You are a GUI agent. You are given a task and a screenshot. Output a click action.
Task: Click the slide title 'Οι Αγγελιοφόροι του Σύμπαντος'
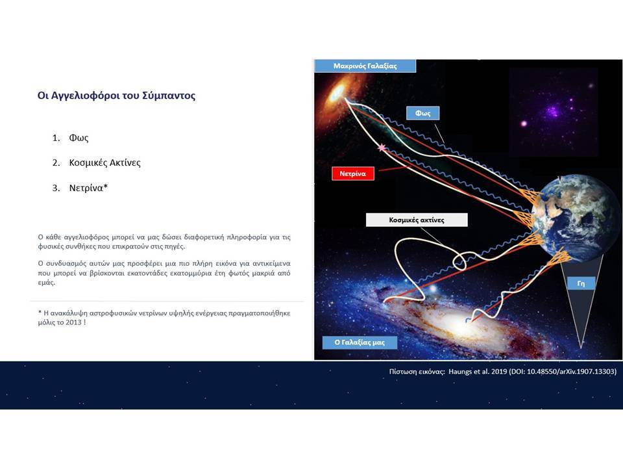[116, 96]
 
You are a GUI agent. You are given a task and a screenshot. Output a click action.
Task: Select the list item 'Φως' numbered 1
[79, 138]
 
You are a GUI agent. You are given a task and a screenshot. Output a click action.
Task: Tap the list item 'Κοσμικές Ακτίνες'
[105, 162]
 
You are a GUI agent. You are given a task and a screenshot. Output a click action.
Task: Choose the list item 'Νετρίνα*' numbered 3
[89, 188]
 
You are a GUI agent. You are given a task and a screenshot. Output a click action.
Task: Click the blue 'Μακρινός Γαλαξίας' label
[365, 66]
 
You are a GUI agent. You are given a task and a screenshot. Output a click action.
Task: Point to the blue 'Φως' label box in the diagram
[422, 113]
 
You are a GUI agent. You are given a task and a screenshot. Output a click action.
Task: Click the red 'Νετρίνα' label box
[353, 174]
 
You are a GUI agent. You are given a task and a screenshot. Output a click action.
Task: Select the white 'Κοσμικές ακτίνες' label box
[417, 220]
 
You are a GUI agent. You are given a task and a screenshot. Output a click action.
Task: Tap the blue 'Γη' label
[581, 283]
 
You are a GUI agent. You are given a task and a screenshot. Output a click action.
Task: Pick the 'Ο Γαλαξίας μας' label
[360, 343]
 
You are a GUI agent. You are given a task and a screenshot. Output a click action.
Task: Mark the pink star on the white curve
[382, 148]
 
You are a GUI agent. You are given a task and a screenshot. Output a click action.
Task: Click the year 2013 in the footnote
[73, 322]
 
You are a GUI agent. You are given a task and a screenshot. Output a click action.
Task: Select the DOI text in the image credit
[563, 371]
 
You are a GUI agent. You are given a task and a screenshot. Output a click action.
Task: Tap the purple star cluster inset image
[553, 112]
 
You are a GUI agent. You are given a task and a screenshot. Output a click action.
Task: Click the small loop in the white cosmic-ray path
[459, 261]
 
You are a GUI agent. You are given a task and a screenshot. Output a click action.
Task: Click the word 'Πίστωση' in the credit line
[404, 371]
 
